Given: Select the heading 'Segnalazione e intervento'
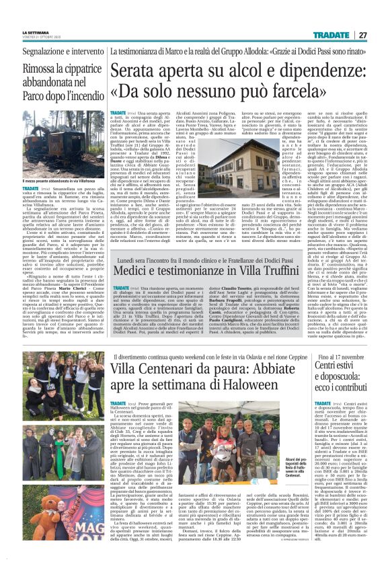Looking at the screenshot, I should click(x=51, y=52).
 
